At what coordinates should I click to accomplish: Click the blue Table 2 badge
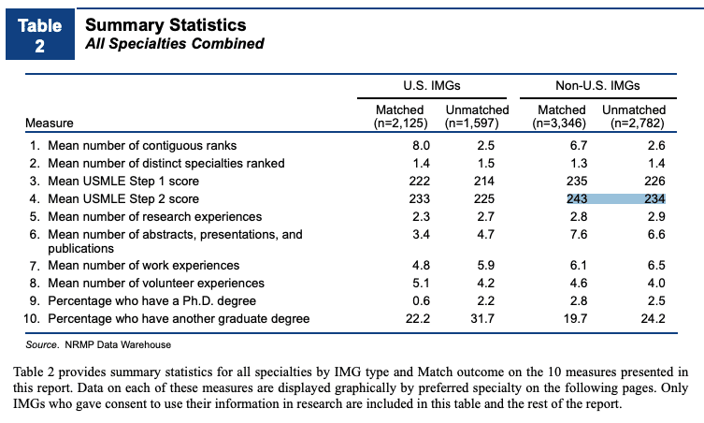pos(40,35)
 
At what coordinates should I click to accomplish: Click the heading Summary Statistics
pos(165,24)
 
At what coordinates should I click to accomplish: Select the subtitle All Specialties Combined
pos(175,44)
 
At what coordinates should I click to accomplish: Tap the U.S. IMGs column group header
pos(432,85)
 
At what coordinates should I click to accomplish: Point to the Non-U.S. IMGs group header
pos(597,85)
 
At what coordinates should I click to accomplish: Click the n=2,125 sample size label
pos(400,124)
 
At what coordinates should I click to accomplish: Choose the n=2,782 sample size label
pos(637,124)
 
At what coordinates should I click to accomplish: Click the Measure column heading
pos(50,123)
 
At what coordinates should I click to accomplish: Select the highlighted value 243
pos(577,198)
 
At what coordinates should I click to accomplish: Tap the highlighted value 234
pos(654,198)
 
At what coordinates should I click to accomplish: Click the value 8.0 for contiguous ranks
pos(421,146)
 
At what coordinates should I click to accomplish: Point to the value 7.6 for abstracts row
pos(579,234)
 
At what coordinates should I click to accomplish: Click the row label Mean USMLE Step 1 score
pos(123,182)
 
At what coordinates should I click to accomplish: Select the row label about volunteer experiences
pos(156,284)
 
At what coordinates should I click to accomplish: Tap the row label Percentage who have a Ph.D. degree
pos(152,300)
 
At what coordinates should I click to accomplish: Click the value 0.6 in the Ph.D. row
pos(421,300)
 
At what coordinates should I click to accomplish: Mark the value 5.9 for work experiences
pos(486,265)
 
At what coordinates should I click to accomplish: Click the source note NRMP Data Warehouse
pos(118,344)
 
